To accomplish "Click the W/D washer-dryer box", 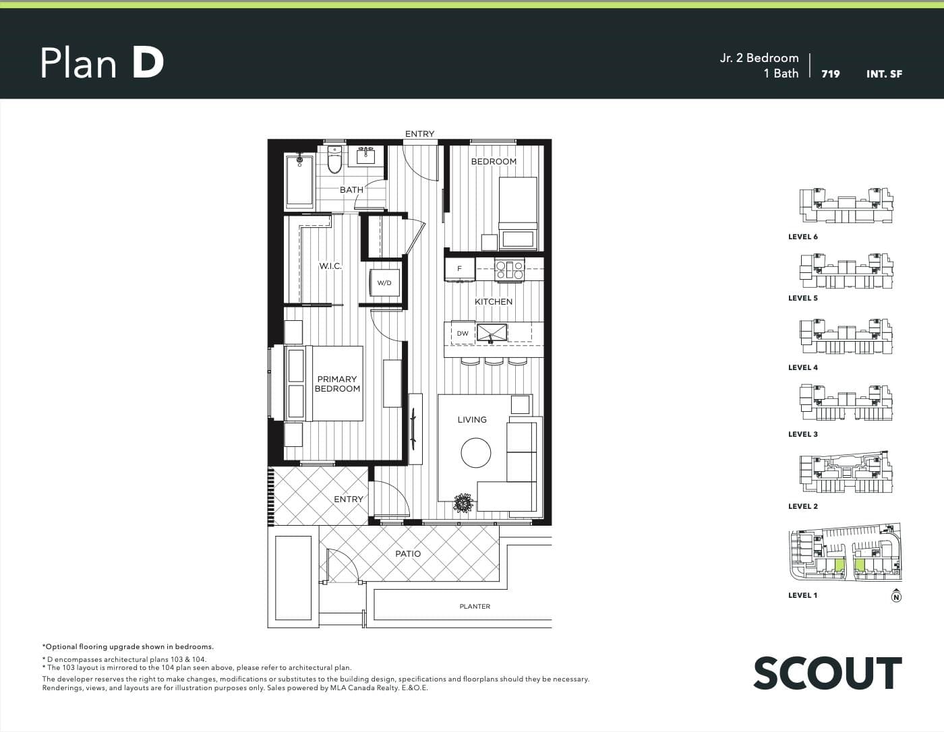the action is (384, 283).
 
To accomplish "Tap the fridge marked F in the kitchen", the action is (460, 269).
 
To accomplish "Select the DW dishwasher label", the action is (463, 334).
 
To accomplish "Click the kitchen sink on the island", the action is (492, 333).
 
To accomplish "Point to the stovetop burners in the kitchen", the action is (510, 269).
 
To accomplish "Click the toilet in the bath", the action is (334, 159).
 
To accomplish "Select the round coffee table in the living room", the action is (475, 452).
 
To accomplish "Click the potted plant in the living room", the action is (463, 503).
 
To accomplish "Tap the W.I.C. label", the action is (330, 266).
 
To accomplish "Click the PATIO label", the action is (408, 553).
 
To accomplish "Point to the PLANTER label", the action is (475, 606).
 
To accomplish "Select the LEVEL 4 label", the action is (803, 367).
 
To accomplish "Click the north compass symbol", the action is (896, 596).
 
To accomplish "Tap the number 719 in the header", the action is (831, 74).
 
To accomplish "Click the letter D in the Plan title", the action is (148, 63).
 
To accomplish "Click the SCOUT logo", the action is (827, 673).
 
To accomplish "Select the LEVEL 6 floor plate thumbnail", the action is (846, 206).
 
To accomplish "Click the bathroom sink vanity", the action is (365, 156).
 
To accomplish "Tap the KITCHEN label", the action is (494, 302).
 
